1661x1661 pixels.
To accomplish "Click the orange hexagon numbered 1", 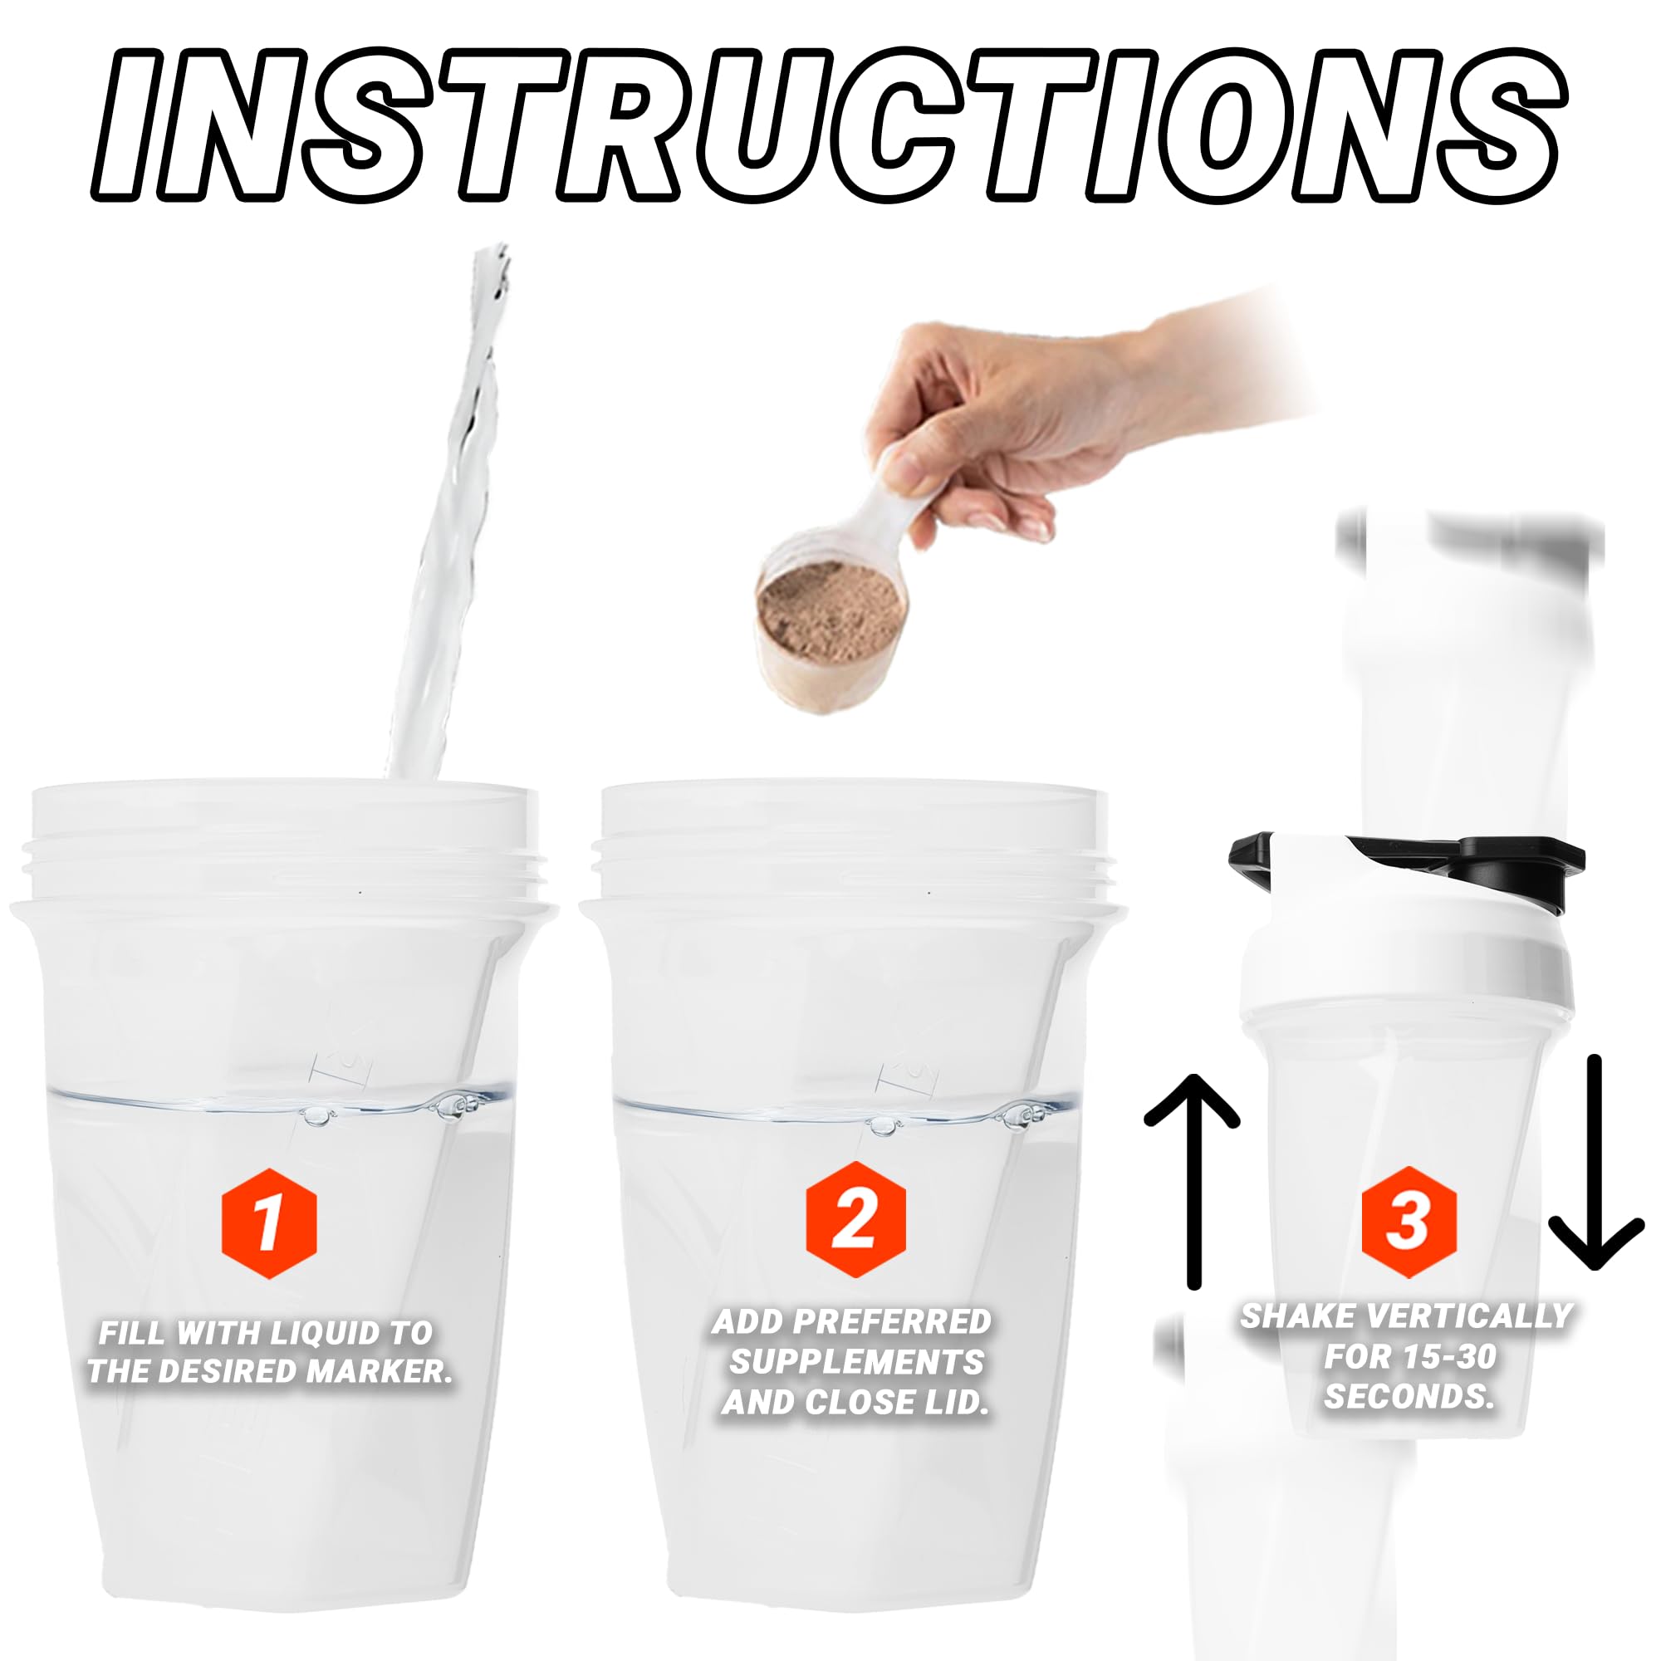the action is click(269, 1223).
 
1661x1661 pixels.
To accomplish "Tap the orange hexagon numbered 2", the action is click(855, 1219).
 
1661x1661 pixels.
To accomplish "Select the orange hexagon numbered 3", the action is click(1409, 1222).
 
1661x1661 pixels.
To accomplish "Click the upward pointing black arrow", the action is click(1193, 1181).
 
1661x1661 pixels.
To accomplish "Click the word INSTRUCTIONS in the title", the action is click(830, 125).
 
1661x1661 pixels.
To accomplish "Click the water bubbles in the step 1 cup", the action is click(456, 1107).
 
